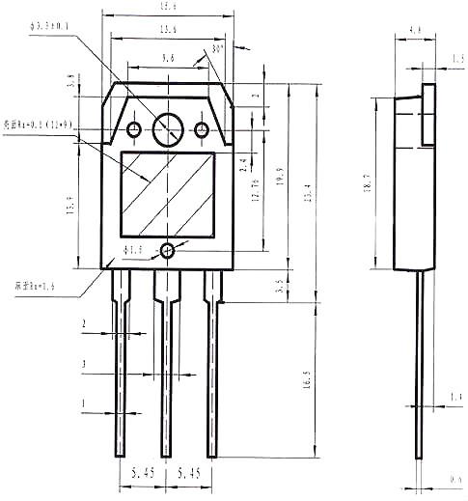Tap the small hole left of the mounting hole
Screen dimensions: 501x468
pyautogui.click(x=133, y=129)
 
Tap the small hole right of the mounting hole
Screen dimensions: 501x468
pyautogui.click(x=202, y=129)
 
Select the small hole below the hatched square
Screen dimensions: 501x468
pyautogui.click(x=168, y=251)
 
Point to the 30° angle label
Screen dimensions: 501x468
pyautogui.click(x=217, y=47)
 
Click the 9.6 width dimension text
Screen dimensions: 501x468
pyautogui.click(x=168, y=59)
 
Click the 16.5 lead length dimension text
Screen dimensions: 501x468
pyautogui.click(x=308, y=377)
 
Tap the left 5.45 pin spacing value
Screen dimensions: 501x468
pyautogui.click(x=142, y=476)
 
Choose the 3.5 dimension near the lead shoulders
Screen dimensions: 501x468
pyautogui.click(x=279, y=286)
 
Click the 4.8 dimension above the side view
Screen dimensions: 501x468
pyautogui.click(x=415, y=31)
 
